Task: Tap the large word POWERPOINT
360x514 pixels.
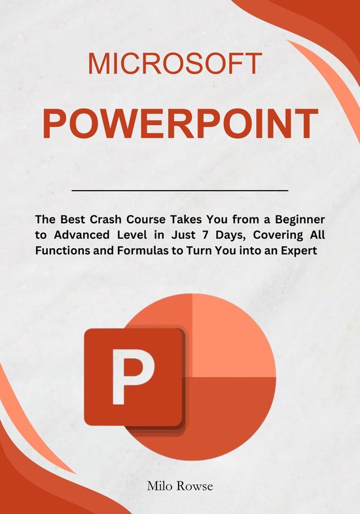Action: point(180,124)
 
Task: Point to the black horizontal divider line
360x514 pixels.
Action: point(179,191)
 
